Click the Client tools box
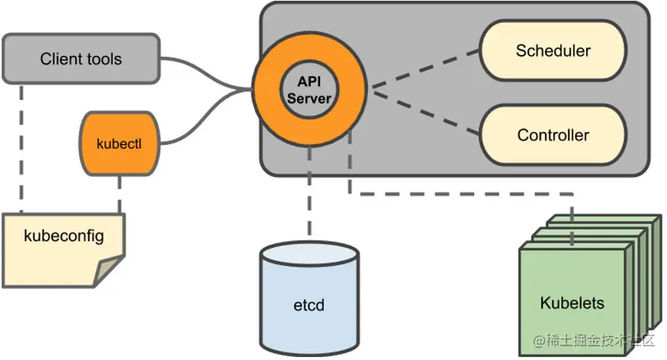pos(82,59)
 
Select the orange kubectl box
pos(120,144)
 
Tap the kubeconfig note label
pos(64,236)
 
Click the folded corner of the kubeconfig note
pos(108,271)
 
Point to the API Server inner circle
pos(309,90)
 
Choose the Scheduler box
pos(553,50)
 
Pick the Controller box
pos(553,135)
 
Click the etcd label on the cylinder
pos(309,305)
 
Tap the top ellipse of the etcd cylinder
pos(309,254)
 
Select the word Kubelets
pos(572,303)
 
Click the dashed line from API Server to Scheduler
pos(426,69)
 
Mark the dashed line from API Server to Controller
pos(426,112)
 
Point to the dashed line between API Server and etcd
pos(309,191)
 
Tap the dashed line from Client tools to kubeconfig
pos(21,148)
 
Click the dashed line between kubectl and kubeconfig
pos(120,194)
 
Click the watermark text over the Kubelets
pos(593,340)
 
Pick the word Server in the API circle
pos(309,98)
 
